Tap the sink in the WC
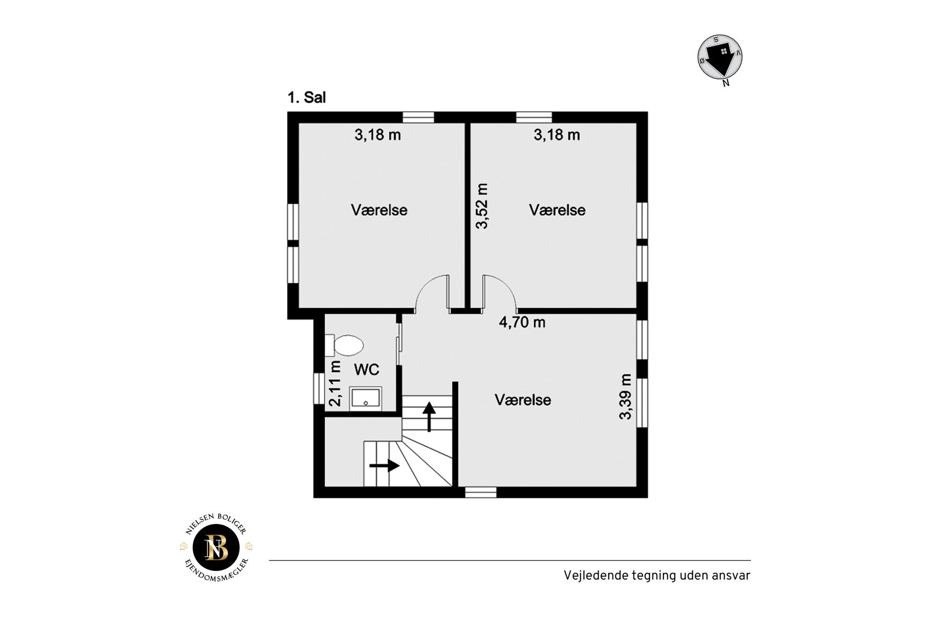click(366, 398)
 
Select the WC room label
click(366, 370)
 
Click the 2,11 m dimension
click(335, 383)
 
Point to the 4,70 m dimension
click(522, 322)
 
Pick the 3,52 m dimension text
click(482, 206)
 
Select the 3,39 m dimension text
click(625, 396)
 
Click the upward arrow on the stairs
click(429, 417)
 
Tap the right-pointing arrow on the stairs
click(384, 465)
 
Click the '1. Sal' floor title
click(307, 98)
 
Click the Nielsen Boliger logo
click(216, 548)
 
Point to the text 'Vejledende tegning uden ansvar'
click(657, 576)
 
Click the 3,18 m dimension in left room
click(377, 135)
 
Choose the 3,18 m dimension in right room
click(557, 135)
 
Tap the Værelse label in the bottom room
click(523, 400)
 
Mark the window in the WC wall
click(319, 388)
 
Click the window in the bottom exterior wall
click(480, 492)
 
